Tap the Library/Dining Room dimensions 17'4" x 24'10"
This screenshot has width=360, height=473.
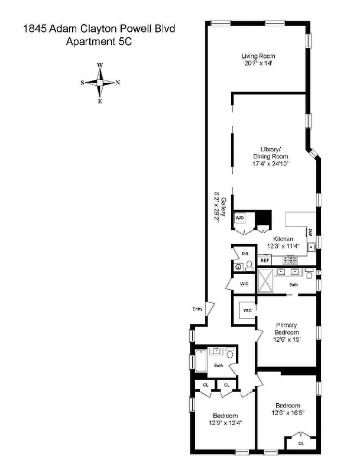tap(270, 163)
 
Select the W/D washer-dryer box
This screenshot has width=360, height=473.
tap(240, 218)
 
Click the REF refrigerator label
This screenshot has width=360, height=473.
tap(265, 260)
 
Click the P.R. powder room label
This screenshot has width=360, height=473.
tap(244, 254)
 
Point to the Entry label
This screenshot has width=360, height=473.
tap(197, 309)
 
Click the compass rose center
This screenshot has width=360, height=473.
tap(100, 83)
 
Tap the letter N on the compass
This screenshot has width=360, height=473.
tap(118, 83)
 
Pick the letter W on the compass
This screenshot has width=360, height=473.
tap(100, 65)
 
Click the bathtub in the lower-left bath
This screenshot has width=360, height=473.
tap(200, 361)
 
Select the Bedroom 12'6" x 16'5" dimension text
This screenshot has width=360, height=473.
tap(288, 413)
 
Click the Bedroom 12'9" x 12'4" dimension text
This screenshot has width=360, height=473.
tap(225, 422)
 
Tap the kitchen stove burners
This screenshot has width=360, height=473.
tap(291, 260)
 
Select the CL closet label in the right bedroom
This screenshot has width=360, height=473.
tap(300, 442)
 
